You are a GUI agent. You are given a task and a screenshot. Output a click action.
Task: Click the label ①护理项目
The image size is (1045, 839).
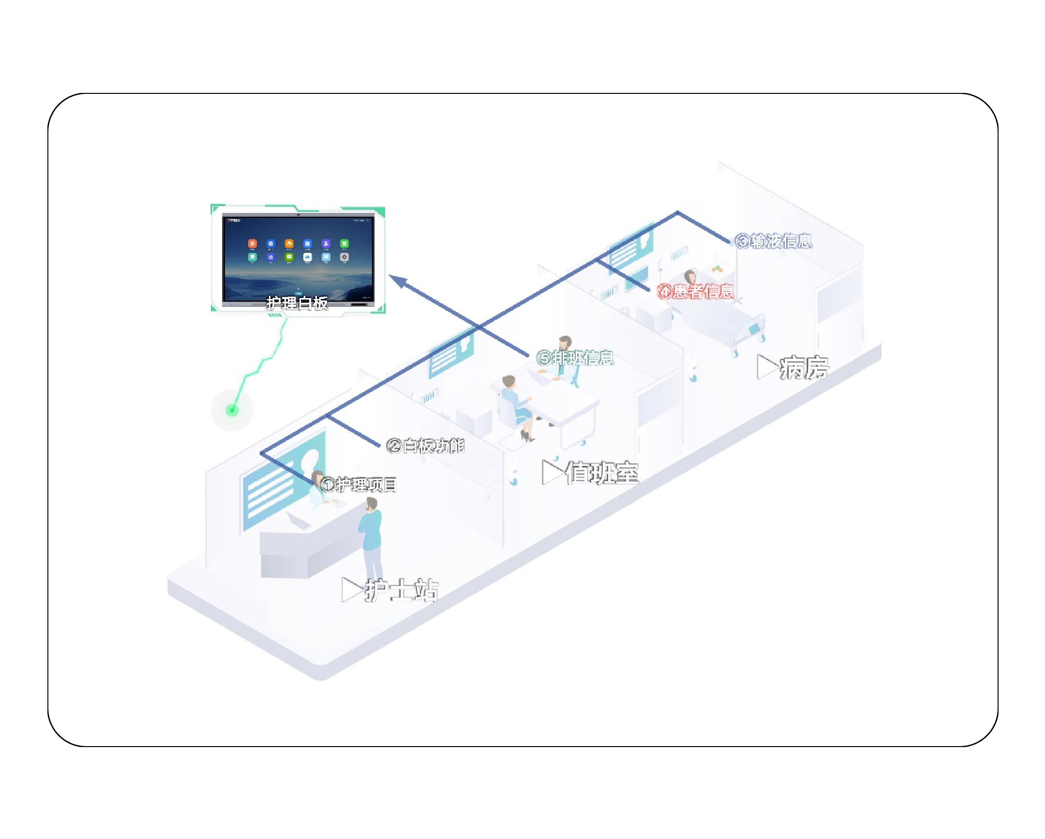359,485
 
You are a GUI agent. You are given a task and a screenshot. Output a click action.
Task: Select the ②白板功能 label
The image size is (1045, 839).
425,446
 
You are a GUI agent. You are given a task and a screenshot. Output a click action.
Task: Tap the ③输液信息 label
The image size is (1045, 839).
774,241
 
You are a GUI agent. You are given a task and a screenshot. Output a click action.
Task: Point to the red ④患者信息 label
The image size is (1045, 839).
695,291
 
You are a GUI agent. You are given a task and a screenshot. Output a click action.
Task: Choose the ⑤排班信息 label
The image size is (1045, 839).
575,358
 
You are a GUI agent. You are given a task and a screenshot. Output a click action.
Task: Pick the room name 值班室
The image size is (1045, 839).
601,473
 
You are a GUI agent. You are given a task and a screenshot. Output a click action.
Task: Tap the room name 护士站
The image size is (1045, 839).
402,590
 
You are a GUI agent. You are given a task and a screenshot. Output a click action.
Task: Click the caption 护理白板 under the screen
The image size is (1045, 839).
297,303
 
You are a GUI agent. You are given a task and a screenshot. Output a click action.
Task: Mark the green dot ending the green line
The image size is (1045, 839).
232,410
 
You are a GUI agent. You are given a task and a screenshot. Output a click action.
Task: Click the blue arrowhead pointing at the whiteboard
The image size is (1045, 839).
399,280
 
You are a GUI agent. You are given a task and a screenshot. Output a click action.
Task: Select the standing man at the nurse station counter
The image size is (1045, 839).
372,538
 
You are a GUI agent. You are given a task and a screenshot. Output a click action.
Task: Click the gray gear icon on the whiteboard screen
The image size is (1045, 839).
344,257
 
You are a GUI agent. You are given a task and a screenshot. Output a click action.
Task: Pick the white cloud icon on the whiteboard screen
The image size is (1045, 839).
307,257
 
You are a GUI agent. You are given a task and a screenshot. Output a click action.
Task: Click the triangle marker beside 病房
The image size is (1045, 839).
766,366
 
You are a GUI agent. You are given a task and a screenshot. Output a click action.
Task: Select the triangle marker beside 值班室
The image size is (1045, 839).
552,472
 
